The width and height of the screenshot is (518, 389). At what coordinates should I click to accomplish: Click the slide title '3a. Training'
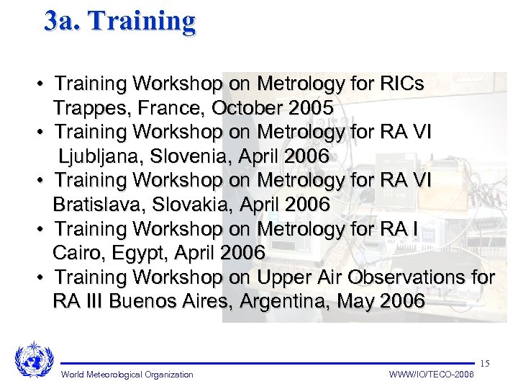119,21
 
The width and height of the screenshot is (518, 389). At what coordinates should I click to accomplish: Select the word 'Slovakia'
189,205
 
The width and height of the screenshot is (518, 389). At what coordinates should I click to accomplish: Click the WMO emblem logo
34,359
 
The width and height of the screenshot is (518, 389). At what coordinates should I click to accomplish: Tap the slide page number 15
484,362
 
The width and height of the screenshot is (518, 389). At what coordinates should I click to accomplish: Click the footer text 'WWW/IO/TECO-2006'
432,375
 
